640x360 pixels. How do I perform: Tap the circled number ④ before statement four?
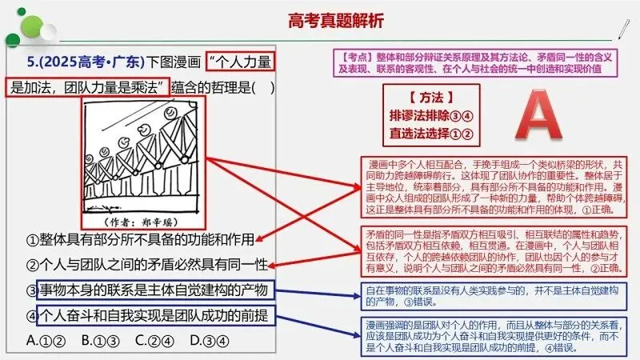point(33,314)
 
